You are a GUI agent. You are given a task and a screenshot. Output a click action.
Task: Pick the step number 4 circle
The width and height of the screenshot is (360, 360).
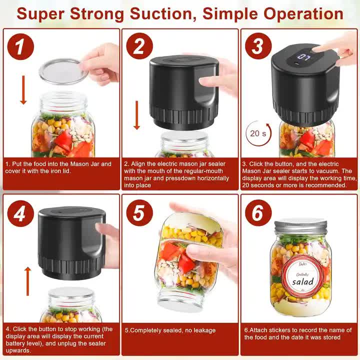(x=20, y=214)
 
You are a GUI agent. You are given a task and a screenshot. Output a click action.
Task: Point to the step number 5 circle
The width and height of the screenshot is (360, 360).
(x=139, y=214)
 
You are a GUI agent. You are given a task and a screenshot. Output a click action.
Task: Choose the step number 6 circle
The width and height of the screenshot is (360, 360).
(x=258, y=214)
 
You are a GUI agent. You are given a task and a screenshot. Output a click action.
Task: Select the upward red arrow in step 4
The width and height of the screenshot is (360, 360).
(x=28, y=280)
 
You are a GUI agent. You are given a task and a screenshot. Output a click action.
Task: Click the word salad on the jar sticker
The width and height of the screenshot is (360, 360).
(x=302, y=282)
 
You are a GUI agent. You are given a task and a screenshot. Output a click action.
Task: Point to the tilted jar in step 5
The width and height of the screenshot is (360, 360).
(x=188, y=260)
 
